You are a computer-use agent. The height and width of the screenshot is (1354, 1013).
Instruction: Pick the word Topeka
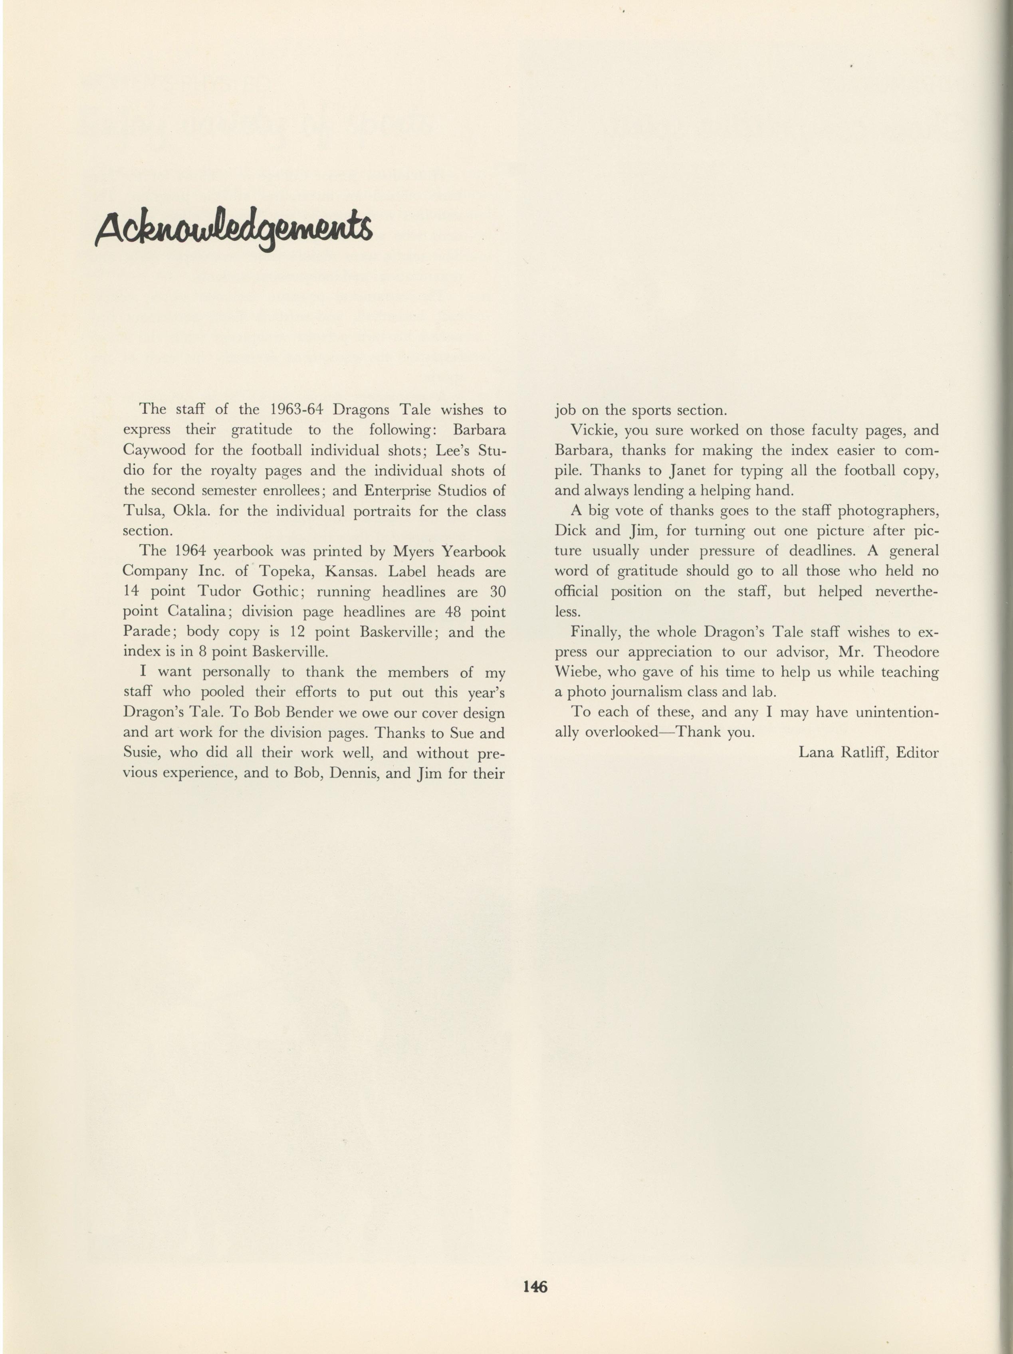pos(286,572)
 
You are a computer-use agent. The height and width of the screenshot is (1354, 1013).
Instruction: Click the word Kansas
pos(347,572)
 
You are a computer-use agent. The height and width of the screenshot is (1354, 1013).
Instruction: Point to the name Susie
pos(142,753)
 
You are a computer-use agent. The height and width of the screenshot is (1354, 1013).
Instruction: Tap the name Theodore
pos(907,652)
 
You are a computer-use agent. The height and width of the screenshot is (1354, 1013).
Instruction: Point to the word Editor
pos(917,752)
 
